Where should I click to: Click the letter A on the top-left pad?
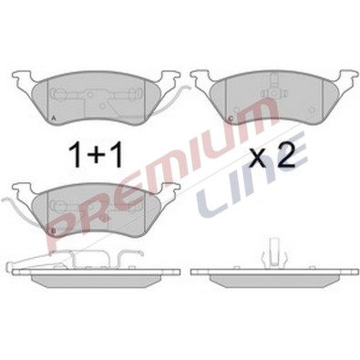click(54, 118)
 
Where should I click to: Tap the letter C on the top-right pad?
click(231, 118)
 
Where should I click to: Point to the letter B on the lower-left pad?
click(54, 231)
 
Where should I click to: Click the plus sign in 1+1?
click(96, 155)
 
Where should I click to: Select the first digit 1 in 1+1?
click(76, 155)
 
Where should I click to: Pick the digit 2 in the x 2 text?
click(284, 154)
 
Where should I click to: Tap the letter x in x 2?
click(258, 158)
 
